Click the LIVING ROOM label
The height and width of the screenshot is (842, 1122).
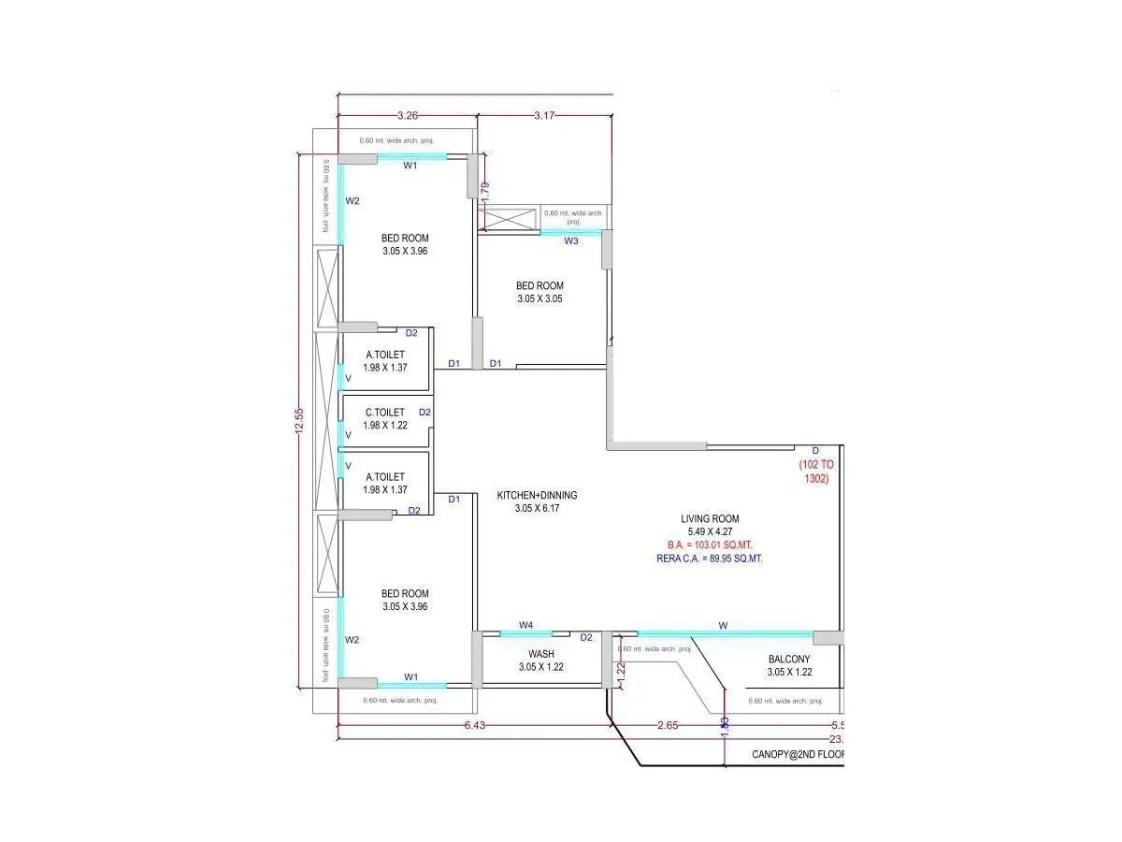pyautogui.click(x=710, y=518)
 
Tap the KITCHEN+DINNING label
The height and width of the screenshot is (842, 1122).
pyautogui.click(x=537, y=495)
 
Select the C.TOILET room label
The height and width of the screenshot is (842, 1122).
pyautogui.click(x=384, y=413)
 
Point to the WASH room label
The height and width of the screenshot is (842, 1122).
pyautogui.click(x=541, y=654)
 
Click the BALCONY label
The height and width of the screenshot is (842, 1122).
pyautogui.click(x=789, y=659)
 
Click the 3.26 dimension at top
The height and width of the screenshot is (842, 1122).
pyautogui.click(x=407, y=116)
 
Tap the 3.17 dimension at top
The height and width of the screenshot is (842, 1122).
pyautogui.click(x=544, y=116)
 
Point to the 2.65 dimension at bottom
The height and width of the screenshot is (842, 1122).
pyautogui.click(x=668, y=726)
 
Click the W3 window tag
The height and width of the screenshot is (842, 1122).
pyautogui.click(x=571, y=241)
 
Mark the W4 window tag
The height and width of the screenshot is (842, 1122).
pyautogui.click(x=526, y=625)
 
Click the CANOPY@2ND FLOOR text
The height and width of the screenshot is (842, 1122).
pyautogui.click(x=798, y=754)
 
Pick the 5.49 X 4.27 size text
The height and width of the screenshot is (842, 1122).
pyautogui.click(x=710, y=531)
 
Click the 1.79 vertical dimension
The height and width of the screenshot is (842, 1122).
pyautogui.click(x=484, y=192)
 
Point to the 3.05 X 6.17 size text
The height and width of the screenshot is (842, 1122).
pyautogui.click(x=537, y=508)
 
